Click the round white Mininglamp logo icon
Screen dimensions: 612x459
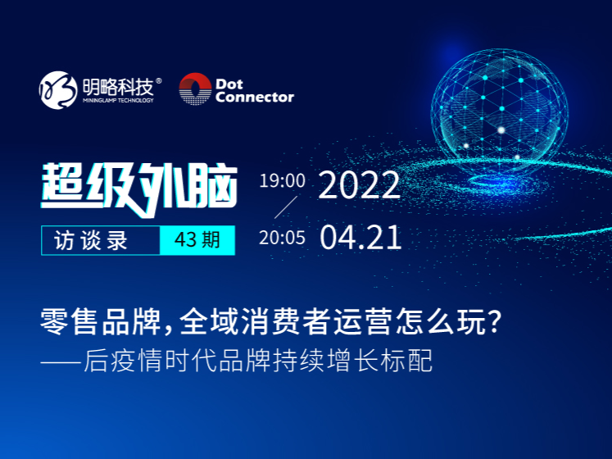58,90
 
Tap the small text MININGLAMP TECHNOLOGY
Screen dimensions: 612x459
118,100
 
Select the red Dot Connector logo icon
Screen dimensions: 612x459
195,89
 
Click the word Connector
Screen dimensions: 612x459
255,97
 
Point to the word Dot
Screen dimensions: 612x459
229,84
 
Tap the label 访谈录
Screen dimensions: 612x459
91,240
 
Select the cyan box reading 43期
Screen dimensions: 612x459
197,240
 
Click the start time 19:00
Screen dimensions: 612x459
282,180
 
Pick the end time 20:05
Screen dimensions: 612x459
282,238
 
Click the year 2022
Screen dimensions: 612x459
360,184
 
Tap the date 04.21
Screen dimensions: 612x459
360,237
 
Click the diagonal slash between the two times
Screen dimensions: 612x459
286,207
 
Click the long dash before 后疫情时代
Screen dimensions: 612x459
61,360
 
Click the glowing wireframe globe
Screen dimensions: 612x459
500,113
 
